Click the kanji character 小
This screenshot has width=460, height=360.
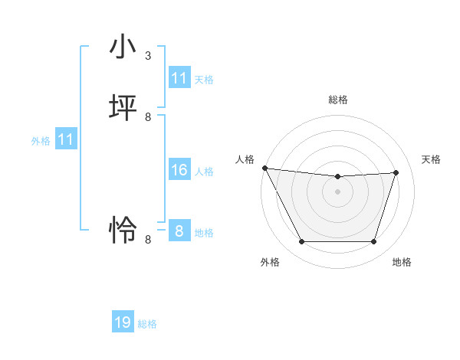pyautogui.click(x=123, y=48)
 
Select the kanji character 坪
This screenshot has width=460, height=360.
pyautogui.click(x=123, y=108)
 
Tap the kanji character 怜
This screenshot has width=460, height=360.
pyautogui.click(x=123, y=230)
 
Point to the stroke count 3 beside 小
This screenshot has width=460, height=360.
pyautogui.click(x=148, y=56)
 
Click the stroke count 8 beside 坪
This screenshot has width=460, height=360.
pyautogui.click(x=148, y=116)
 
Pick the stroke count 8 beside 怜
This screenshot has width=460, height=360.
pyautogui.click(x=148, y=239)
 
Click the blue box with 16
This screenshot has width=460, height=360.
pyautogui.click(x=179, y=170)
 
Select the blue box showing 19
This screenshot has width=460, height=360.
pyautogui.click(x=123, y=322)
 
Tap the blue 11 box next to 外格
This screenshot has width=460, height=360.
pyautogui.click(x=66, y=139)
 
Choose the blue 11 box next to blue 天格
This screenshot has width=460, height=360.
pyautogui.click(x=179, y=78)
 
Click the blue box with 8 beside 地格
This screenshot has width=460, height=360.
pyautogui.click(x=179, y=231)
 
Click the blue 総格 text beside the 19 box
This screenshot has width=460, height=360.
pyautogui.click(x=147, y=324)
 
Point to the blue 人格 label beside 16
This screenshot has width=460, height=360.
pyautogui.click(x=205, y=172)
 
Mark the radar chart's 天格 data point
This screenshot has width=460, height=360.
pyautogui.click(x=396, y=172)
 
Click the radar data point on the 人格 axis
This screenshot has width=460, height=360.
pyautogui.click(x=264, y=168)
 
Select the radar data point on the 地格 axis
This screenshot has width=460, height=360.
pyautogui.click(x=374, y=242)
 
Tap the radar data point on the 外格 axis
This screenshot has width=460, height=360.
pyautogui.click(x=301, y=242)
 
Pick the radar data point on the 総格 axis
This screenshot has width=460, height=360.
pyautogui.click(x=338, y=177)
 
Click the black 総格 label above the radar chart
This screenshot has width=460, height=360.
pyautogui.click(x=338, y=100)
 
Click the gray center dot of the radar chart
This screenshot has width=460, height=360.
pyautogui.click(x=338, y=191)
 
